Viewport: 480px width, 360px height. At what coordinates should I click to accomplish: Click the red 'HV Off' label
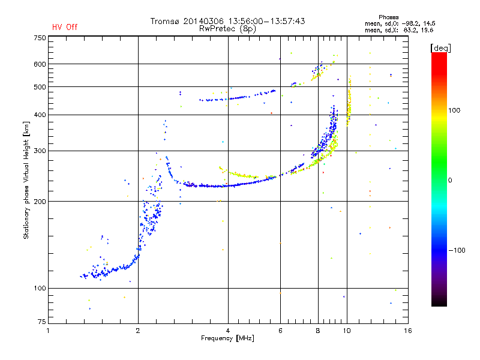click(x=65, y=27)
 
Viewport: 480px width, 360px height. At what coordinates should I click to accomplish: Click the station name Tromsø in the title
click(x=164, y=21)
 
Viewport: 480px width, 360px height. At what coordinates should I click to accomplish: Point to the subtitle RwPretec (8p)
click(x=227, y=29)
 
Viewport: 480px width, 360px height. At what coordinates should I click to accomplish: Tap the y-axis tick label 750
click(x=40, y=38)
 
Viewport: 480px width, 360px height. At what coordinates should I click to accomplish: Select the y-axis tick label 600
click(x=40, y=64)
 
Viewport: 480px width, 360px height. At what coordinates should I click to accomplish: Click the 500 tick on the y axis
click(x=40, y=87)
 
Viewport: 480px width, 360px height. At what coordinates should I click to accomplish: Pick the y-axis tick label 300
click(x=40, y=151)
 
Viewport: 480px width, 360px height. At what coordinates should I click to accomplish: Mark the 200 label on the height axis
click(x=40, y=202)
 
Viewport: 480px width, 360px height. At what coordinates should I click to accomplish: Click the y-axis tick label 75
click(x=42, y=322)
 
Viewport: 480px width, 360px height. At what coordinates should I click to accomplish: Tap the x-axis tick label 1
click(x=48, y=331)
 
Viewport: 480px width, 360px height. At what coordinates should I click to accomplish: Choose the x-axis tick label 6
click(x=280, y=331)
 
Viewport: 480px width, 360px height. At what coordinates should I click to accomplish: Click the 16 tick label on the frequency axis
click(x=408, y=331)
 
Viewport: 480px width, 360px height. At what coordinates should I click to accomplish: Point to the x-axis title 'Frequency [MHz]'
click(x=227, y=338)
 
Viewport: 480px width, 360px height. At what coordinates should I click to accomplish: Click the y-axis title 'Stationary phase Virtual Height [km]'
click(x=26, y=180)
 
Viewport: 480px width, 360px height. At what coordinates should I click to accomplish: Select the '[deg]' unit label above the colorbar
click(x=440, y=48)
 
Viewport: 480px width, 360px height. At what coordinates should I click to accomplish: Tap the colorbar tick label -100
click(x=457, y=250)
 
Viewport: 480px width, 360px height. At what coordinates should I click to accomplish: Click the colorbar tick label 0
click(x=450, y=181)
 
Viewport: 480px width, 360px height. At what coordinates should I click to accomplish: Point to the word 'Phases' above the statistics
click(x=388, y=17)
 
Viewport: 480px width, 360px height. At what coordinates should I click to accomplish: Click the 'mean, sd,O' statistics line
click(x=400, y=23)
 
